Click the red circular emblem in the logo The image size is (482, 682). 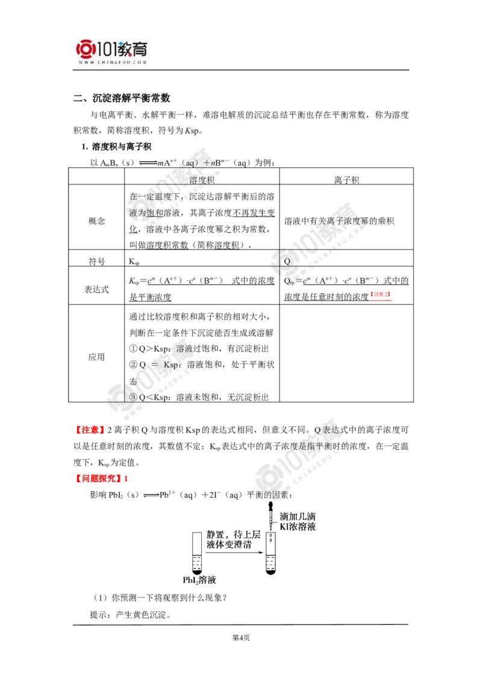click(x=86, y=50)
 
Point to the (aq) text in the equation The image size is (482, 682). click(x=191, y=161)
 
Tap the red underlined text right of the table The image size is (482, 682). click(x=381, y=295)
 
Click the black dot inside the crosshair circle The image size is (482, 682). click(x=287, y=261)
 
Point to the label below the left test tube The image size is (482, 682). click(x=198, y=580)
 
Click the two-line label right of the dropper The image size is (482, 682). click(x=299, y=522)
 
